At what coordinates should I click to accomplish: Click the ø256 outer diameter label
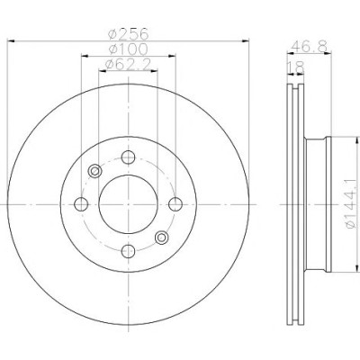tap(128, 33)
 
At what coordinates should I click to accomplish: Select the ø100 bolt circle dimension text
tap(128, 49)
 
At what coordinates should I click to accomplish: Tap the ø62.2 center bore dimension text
tap(128, 65)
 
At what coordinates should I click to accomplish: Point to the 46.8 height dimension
tap(310, 47)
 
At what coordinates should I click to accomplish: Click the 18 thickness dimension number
tap(296, 68)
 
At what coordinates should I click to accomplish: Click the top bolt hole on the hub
tap(128, 157)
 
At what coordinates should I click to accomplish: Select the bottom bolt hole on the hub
tap(128, 251)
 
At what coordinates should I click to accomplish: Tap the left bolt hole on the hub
tap(81, 204)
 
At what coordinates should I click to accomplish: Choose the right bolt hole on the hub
tap(175, 204)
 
